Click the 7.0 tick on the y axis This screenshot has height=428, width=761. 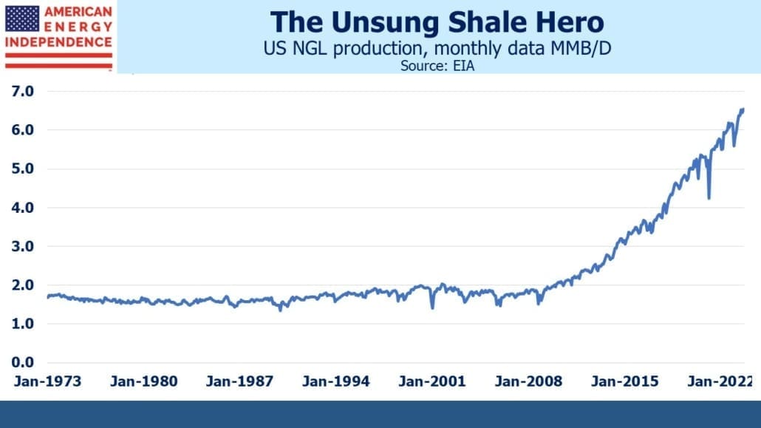[x=23, y=92]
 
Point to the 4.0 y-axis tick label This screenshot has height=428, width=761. [x=23, y=208]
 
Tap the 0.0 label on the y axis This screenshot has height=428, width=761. [x=23, y=362]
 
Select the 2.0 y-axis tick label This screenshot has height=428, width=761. [x=23, y=285]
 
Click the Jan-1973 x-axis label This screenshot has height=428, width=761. [x=47, y=381]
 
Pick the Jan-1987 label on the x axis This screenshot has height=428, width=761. [x=240, y=381]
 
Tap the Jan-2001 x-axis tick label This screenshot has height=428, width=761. [x=432, y=381]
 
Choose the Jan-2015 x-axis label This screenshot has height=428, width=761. [x=624, y=381]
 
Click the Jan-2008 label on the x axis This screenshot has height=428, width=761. [x=528, y=381]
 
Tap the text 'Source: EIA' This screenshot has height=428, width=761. [x=437, y=66]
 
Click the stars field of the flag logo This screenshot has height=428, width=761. [x=22, y=19]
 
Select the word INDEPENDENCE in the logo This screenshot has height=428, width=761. [x=58, y=42]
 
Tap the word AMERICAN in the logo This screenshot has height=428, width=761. [x=78, y=12]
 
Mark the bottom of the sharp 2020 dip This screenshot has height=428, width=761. [x=709, y=197]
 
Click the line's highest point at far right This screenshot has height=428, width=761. [x=743, y=110]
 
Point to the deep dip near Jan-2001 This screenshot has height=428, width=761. [x=432, y=308]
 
